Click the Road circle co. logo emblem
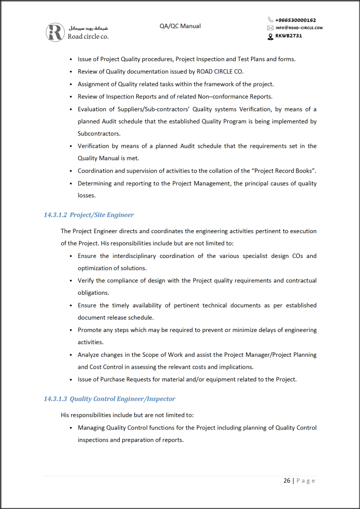click(x=55, y=32)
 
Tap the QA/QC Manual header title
click(x=180, y=26)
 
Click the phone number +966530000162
click(x=295, y=20)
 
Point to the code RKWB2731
click(x=288, y=36)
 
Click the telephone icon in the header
click(x=270, y=20)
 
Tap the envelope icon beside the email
click(x=270, y=28)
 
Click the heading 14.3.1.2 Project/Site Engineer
click(x=89, y=215)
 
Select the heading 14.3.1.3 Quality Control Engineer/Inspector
click(x=109, y=399)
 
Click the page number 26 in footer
click(x=287, y=481)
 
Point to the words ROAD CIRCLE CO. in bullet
click(x=220, y=72)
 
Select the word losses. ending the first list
click(x=86, y=196)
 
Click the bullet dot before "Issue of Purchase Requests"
click(x=72, y=380)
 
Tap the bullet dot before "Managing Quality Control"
click(x=72, y=428)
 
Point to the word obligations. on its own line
click(x=93, y=293)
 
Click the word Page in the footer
click(x=306, y=481)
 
